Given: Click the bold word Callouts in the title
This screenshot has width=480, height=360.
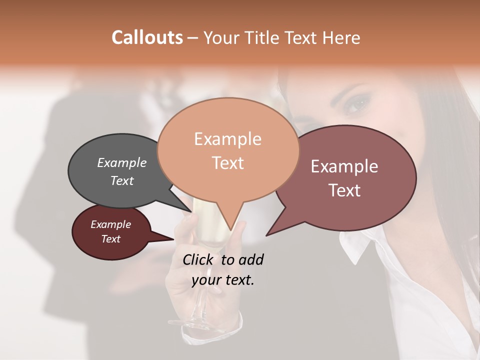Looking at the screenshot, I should coord(147,37).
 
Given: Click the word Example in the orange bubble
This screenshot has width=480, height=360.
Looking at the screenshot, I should coord(227,138).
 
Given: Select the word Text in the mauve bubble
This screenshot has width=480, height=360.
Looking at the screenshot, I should coord(344,190).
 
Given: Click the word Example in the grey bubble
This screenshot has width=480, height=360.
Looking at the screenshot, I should coord(122,162).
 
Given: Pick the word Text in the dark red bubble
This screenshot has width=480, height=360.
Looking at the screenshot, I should coord(111,239).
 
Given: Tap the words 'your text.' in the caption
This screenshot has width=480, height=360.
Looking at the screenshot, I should coord(223,280).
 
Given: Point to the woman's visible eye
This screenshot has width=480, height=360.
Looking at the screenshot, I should coord(356,104).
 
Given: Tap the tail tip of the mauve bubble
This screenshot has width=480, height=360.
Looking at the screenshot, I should coord(266,235).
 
